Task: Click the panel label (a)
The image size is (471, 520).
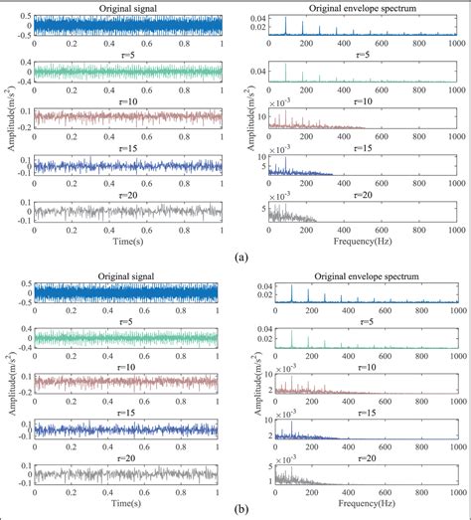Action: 241,257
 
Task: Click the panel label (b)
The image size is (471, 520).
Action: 241,509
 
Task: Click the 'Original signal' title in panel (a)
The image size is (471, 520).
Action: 126,9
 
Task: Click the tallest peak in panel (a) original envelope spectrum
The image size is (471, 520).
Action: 286,19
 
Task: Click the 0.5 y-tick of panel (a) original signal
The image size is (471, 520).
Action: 24,16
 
